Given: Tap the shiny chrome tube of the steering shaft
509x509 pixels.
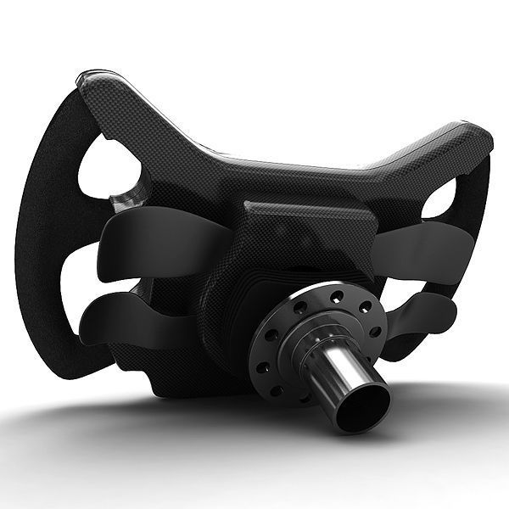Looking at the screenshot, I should point(335,373).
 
